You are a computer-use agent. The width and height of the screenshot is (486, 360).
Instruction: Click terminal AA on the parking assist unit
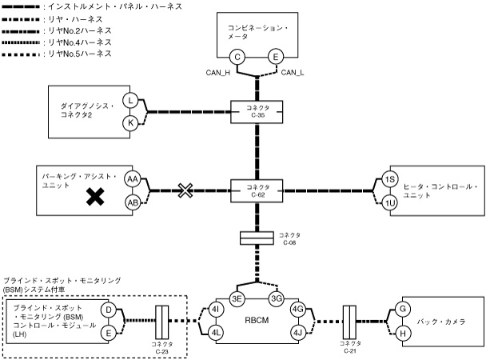pos(132,179)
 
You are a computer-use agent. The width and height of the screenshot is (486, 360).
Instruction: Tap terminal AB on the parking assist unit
pos(132,203)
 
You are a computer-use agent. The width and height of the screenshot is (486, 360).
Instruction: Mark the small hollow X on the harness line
pos(185,190)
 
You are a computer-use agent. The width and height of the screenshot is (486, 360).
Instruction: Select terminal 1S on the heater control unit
pos(390,179)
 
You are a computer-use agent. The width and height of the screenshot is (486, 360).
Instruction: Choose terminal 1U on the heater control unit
pos(390,203)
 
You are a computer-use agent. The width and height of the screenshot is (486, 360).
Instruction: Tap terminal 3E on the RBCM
pos(237,298)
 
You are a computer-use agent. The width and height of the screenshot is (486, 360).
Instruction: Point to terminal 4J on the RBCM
pos(299,332)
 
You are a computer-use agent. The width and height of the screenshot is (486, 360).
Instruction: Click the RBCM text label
pos(257,318)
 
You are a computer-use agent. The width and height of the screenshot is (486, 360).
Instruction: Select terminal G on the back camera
pos(404,308)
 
